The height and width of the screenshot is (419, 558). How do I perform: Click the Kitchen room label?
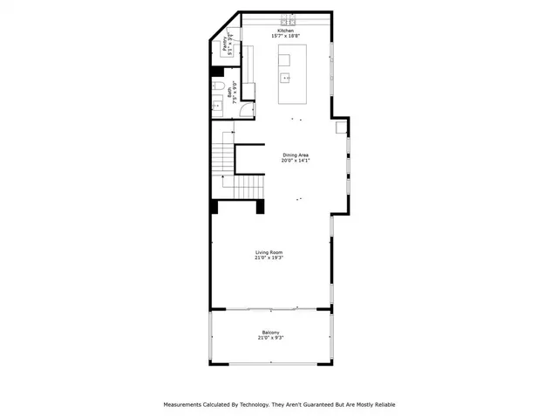pos(287,31)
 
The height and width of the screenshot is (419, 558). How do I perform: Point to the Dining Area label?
pos(295,155)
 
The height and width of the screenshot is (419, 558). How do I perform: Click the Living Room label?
pos(269,252)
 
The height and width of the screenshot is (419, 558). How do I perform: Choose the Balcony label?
pos(271,332)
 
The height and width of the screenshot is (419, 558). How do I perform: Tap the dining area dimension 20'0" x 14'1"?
pos(295,161)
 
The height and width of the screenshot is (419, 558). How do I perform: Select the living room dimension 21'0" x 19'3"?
pos(269,258)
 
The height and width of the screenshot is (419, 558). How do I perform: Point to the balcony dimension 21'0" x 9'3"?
pos(271,338)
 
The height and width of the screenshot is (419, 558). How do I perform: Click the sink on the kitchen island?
pos(285,79)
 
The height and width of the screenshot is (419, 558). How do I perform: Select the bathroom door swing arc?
pos(246,108)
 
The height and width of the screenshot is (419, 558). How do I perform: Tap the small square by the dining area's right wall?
pos(342,127)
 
